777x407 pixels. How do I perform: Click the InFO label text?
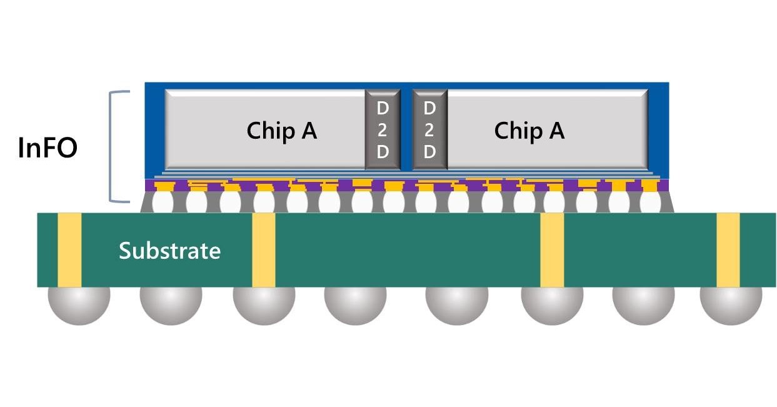point(48,149)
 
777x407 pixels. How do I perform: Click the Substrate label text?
point(169,251)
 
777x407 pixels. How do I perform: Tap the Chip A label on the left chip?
point(281,131)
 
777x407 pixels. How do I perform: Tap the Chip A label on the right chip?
point(529,131)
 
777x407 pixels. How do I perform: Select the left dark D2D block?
point(382,130)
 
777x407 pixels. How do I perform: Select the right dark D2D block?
point(429,130)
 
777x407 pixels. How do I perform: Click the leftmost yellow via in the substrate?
point(69,250)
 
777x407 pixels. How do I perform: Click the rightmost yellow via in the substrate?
point(728,250)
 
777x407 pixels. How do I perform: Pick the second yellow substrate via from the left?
point(264,250)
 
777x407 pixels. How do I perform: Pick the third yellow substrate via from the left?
point(552,250)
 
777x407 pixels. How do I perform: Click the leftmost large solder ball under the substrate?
point(79,305)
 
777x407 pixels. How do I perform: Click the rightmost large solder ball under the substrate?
point(730,305)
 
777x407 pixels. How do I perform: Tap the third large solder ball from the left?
point(264,305)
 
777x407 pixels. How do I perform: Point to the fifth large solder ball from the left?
point(456,305)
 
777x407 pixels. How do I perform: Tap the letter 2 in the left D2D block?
point(382,131)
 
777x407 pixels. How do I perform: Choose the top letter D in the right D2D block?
point(429,108)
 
